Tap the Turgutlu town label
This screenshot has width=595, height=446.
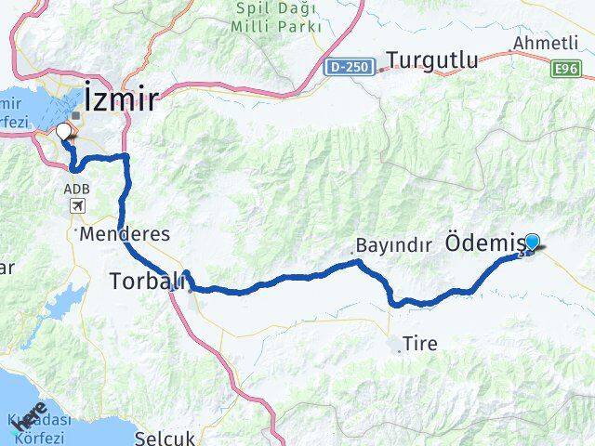(x=432, y=61)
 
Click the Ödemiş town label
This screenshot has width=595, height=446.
(x=486, y=243)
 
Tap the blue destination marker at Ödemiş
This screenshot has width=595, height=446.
(x=532, y=243)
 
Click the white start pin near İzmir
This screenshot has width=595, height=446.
(x=64, y=133)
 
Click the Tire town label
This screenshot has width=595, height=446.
(x=420, y=343)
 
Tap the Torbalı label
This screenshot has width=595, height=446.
(x=140, y=279)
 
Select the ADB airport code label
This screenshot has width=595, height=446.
(x=76, y=188)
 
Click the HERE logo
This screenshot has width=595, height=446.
(x=29, y=416)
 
